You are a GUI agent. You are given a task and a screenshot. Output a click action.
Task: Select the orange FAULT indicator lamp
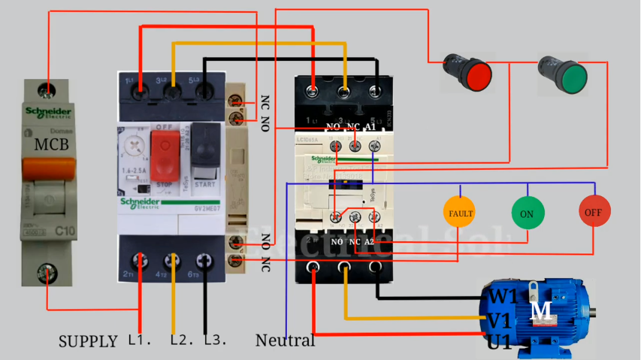click(x=460, y=213)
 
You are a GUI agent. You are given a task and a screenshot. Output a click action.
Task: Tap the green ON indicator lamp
click(x=527, y=213)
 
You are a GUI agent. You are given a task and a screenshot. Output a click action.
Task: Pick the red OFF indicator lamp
click(x=594, y=212)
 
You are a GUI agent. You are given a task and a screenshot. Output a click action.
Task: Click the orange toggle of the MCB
click(x=49, y=170)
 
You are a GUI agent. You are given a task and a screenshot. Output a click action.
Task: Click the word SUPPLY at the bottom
click(x=88, y=341)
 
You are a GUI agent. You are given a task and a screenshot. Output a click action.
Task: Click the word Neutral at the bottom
click(x=285, y=340)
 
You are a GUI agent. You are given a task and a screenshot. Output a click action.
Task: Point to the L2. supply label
click(x=182, y=340)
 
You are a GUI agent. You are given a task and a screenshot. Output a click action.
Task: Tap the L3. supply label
click(x=216, y=340)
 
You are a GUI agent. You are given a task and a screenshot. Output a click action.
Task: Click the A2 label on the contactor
click(x=369, y=241)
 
